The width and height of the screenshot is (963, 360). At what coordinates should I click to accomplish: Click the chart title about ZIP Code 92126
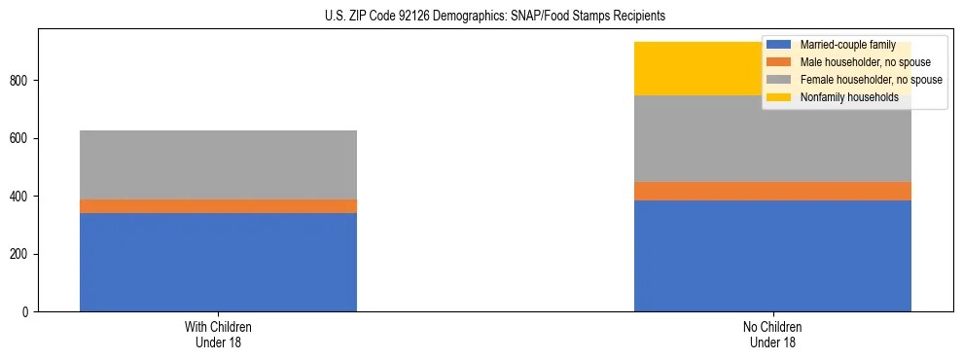[495, 17]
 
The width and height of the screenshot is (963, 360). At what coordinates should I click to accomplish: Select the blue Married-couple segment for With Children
[218, 262]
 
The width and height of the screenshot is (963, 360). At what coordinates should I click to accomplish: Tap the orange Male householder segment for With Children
[218, 206]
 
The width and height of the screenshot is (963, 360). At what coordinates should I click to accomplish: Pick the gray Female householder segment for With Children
[218, 164]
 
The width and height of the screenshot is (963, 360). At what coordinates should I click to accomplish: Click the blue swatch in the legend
[779, 45]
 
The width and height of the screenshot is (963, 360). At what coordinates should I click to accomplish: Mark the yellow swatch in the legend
[779, 97]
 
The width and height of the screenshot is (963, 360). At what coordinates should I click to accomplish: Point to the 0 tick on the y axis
[27, 312]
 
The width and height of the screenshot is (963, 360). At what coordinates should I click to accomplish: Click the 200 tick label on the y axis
[21, 254]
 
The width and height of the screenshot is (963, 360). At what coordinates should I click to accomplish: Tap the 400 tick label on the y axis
[21, 197]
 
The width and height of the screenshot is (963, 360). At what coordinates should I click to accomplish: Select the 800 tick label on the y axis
[21, 80]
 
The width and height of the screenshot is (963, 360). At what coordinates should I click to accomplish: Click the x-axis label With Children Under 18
[218, 334]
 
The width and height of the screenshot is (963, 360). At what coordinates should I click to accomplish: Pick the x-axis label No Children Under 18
[772, 334]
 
